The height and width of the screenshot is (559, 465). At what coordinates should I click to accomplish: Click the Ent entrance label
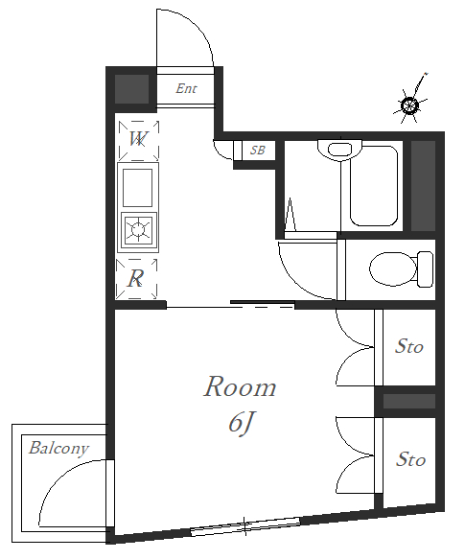(186, 88)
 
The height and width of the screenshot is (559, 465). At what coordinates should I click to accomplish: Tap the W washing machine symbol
(138, 140)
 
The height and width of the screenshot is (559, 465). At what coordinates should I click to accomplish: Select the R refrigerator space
(136, 279)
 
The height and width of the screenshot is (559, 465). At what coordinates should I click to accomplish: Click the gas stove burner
(138, 229)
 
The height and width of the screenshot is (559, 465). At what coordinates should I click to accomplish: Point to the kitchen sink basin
(138, 188)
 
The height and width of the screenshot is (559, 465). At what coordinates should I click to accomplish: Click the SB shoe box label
(258, 151)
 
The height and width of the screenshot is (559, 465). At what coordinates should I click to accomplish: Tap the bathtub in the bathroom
(374, 185)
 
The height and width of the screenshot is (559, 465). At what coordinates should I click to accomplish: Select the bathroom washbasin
(339, 150)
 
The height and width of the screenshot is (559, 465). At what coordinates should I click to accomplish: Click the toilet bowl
(393, 268)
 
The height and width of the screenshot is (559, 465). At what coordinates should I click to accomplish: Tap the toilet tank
(425, 269)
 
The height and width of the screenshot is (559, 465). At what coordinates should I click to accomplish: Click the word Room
(240, 387)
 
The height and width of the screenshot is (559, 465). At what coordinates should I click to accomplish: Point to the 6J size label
(241, 424)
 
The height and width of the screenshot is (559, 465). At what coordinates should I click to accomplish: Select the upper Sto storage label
(409, 346)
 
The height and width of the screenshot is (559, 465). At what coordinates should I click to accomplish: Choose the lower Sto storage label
(410, 459)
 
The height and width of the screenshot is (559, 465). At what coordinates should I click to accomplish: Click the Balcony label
(58, 449)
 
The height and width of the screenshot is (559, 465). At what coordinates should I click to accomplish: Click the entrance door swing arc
(198, 26)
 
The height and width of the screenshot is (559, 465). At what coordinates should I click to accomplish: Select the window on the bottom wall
(245, 526)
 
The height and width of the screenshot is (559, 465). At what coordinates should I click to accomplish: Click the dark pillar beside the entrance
(131, 89)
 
